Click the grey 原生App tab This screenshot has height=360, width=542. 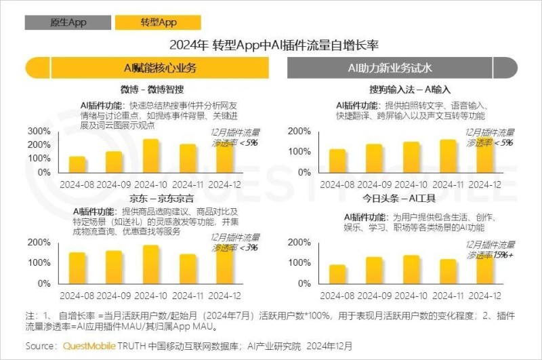click(68, 22)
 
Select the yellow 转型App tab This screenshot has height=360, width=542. click(158, 22)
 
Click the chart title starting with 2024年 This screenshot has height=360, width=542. click(271, 46)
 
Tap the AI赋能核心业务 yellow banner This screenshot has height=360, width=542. click(160, 68)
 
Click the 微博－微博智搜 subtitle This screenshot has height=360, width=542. click(152, 89)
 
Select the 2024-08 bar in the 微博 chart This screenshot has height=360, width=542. click(78, 164)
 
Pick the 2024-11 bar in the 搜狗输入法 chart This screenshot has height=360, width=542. click(448, 156)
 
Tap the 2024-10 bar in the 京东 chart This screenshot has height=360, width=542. click(150, 262)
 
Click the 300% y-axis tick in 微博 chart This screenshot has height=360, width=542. click(38, 131)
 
